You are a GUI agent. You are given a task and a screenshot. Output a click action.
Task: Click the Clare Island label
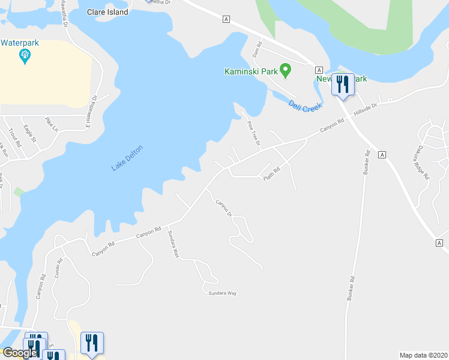pos(107,12)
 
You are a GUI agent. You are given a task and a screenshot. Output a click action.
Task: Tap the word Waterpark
pos(19,43)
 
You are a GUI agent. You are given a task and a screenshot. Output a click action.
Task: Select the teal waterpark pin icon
pos(25,56)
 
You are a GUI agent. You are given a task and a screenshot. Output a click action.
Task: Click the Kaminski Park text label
pos(251,71)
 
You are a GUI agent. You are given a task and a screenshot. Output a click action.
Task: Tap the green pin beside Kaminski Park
pos(286,71)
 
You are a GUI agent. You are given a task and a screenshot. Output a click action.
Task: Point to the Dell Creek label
pos(305,106)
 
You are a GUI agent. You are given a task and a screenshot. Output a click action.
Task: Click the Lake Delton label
pos(128,158)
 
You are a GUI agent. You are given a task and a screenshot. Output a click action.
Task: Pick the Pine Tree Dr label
pos(254,133)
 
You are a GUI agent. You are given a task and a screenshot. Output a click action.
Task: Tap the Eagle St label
pos(30,133)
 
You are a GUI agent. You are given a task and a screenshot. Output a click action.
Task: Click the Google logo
pos(20,352)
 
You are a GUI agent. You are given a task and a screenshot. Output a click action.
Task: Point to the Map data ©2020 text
pos(423,355)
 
